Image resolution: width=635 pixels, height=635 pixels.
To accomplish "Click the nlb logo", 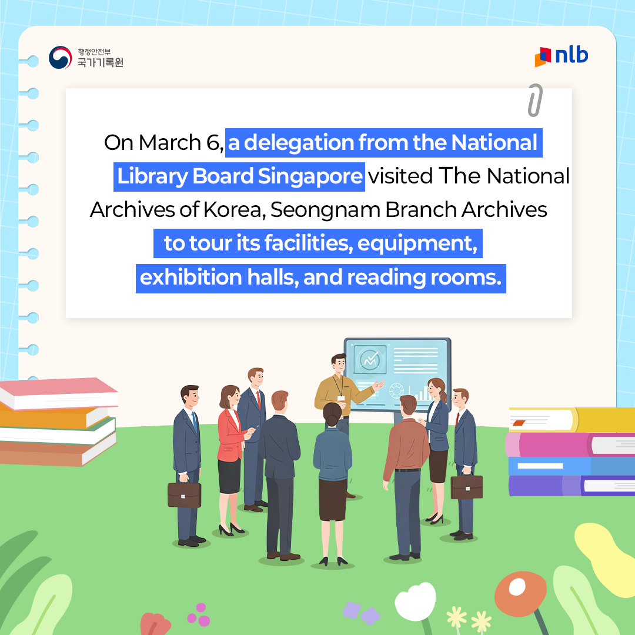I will (562, 56).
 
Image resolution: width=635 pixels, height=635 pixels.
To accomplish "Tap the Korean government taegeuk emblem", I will (59, 58).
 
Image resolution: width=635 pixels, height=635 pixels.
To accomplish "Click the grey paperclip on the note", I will (534, 100).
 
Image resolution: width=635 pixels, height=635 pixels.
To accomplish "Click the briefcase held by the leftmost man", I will (184, 494).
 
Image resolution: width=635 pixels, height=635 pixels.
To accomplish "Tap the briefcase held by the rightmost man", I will (466, 486).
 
